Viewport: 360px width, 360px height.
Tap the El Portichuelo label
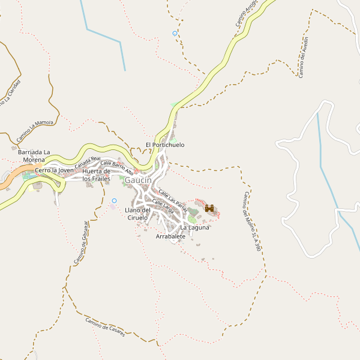(x=165, y=145)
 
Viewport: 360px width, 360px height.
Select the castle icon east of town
(x=209, y=208)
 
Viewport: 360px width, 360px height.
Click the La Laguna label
(x=194, y=227)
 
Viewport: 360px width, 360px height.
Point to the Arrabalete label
(x=170, y=237)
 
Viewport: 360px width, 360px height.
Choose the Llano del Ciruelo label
(x=137, y=214)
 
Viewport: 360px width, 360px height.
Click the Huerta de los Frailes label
(x=97, y=175)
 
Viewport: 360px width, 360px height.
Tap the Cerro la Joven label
(x=54, y=170)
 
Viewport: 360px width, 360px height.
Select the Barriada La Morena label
(x=34, y=156)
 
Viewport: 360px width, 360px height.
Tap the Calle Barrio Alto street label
(x=117, y=167)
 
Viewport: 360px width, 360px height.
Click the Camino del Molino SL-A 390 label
(x=253, y=221)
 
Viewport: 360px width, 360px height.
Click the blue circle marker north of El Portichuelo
(x=175, y=34)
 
